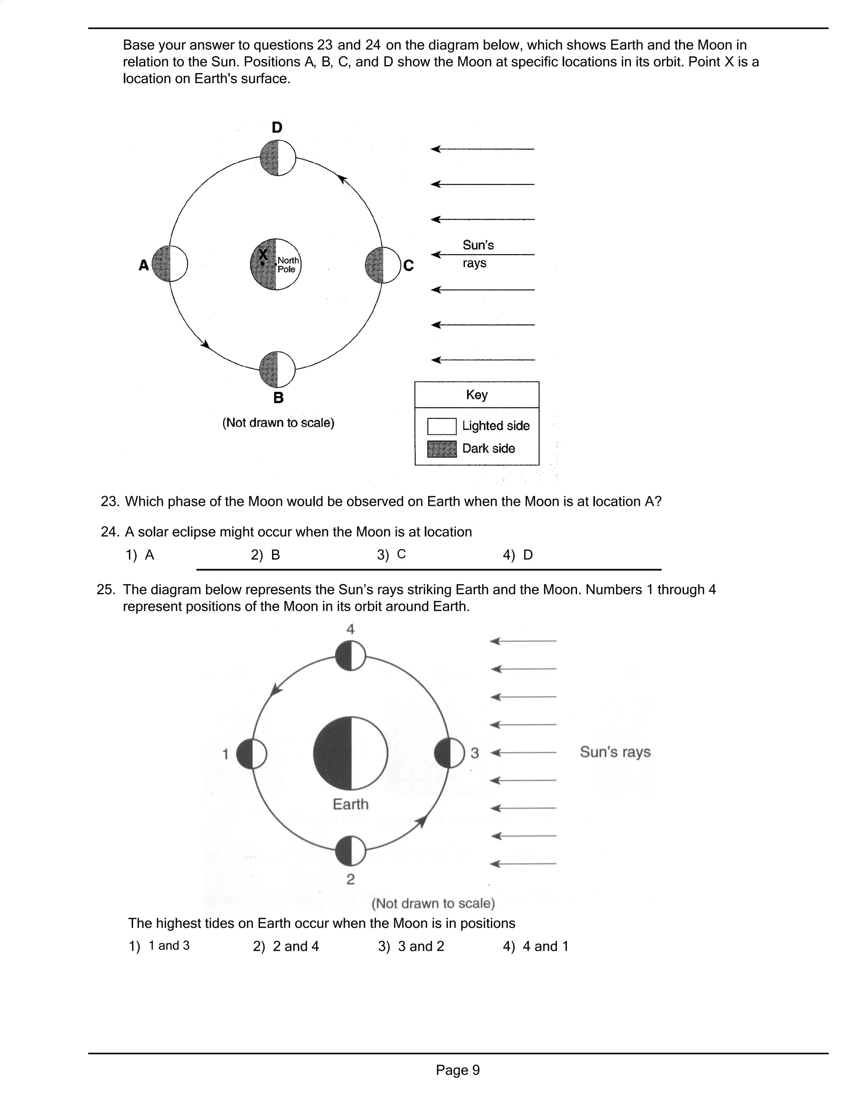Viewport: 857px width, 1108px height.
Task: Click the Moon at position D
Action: point(278,158)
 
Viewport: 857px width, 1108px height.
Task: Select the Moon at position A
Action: point(169,263)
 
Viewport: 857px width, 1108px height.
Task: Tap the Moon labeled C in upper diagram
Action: point(383,265)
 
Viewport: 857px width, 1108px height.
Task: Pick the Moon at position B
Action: point(277,369)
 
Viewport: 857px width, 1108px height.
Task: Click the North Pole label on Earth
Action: point(288,265)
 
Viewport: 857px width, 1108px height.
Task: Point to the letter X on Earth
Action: point(263,254)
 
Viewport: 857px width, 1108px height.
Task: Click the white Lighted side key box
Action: point(442,426)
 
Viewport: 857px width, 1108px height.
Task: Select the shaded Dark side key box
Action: point(442,449)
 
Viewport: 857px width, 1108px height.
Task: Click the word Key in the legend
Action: point(477,395)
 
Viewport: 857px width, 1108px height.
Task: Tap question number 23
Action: point(110,501)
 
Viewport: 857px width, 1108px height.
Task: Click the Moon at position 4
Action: point(350,656)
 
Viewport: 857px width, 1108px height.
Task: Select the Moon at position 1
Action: point(251,754)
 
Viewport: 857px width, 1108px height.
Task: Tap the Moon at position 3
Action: point(449,753)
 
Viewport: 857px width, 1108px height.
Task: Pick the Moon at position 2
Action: point(350,851)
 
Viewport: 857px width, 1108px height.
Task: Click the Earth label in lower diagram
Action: point(350,804)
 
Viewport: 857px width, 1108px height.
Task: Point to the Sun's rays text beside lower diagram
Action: point(615,752)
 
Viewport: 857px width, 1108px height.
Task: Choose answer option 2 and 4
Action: point(286,946)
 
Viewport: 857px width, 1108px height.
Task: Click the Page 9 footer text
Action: point(457,1070)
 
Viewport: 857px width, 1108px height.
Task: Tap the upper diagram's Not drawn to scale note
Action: point(278,423)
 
